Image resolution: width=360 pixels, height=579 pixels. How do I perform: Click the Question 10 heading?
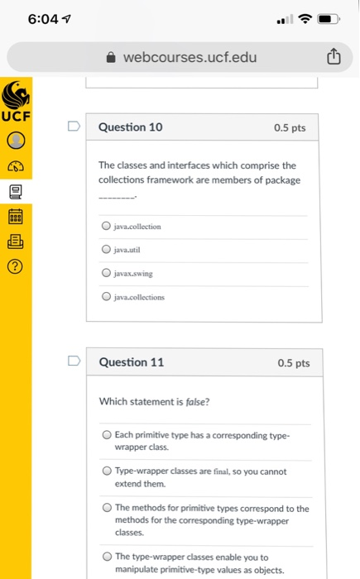[x=131, y=127]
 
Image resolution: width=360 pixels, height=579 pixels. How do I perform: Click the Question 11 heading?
[x=131, y=362]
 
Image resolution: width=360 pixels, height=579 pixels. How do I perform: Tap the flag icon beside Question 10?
[x=74, y=127]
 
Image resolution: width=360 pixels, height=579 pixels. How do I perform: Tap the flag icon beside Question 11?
[x=74, y=362]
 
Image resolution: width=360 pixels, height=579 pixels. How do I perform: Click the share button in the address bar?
[x=333, y=57]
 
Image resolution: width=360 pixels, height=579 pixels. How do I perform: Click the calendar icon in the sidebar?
[x=16, y=218]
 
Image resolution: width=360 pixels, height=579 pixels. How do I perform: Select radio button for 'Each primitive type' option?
[x=107, y=434]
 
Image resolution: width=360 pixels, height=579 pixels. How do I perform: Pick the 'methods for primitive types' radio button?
[x=107, y=508]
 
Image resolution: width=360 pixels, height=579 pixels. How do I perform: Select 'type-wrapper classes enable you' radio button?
[x=107, y=557]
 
